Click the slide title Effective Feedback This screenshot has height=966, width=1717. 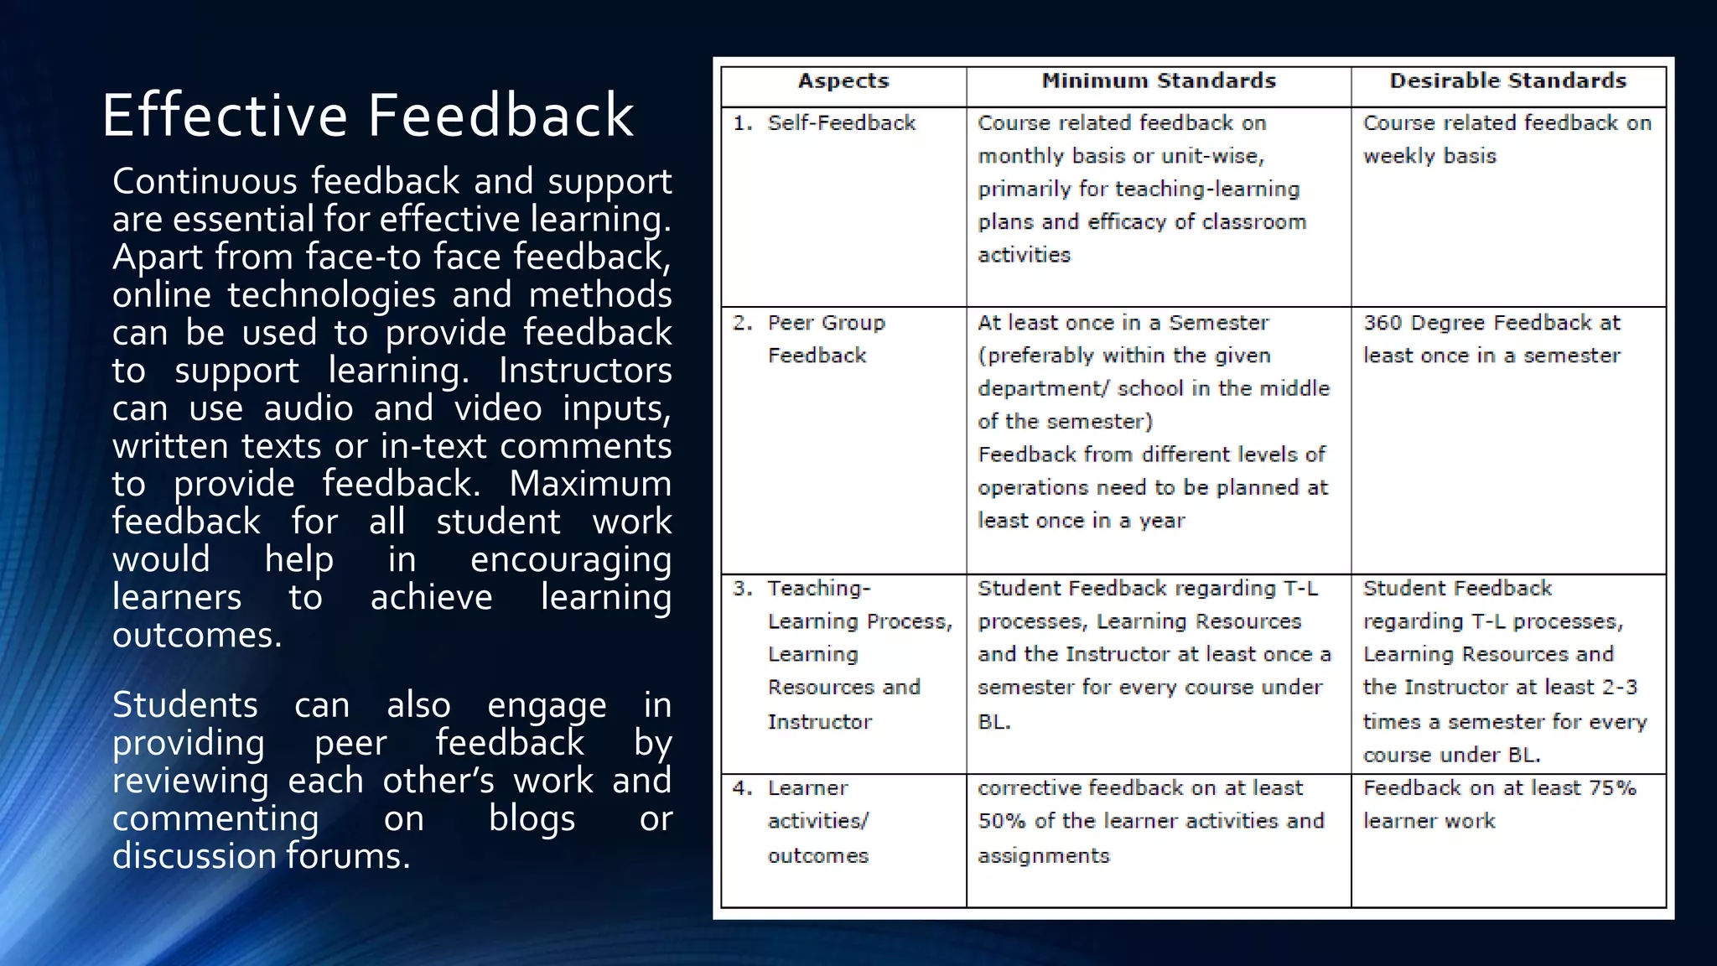tap(367, 116)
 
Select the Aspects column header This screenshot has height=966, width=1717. tap(843, 81)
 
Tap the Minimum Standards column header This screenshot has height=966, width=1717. tap(1159, 81)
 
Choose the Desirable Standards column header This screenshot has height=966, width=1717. tap(1507, 81)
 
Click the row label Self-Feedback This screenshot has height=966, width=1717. tap(841, 123)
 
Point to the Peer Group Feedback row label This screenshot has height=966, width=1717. tap(826, 339)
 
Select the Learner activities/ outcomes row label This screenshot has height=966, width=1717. tap(818, 822)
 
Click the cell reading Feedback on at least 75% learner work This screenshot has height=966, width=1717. tap(1499, 804)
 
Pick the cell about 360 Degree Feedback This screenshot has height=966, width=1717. tap(1491, 339)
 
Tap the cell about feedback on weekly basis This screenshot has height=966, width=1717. tap(1507, 139)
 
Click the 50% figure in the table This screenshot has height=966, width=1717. tap(1002, 821)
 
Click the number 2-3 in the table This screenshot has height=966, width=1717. tap(1619, 688)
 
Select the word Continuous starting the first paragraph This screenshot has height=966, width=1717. tap(205, 181)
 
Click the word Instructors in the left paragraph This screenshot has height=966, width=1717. tap(585, 371)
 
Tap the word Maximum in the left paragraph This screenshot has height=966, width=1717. tap(590, 484)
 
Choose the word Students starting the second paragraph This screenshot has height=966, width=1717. tap(185, 705)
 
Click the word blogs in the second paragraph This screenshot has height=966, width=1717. tap(532, 819)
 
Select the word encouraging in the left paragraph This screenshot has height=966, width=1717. tap(570, 560)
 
